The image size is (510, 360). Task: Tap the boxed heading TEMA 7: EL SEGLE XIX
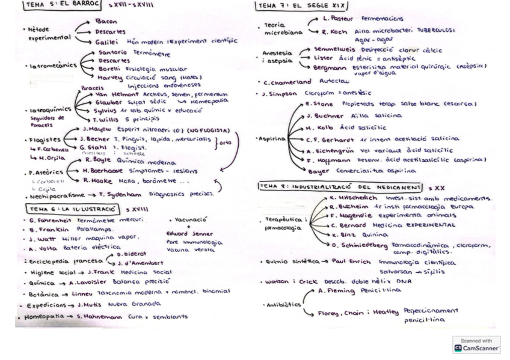(302, 7)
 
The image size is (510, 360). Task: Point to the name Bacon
(106, 22)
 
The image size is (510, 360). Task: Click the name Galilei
(108, 42)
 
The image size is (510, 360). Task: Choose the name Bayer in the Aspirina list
(318, 171)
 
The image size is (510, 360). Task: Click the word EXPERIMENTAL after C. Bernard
(431, 225)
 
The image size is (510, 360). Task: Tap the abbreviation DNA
(404, 281)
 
